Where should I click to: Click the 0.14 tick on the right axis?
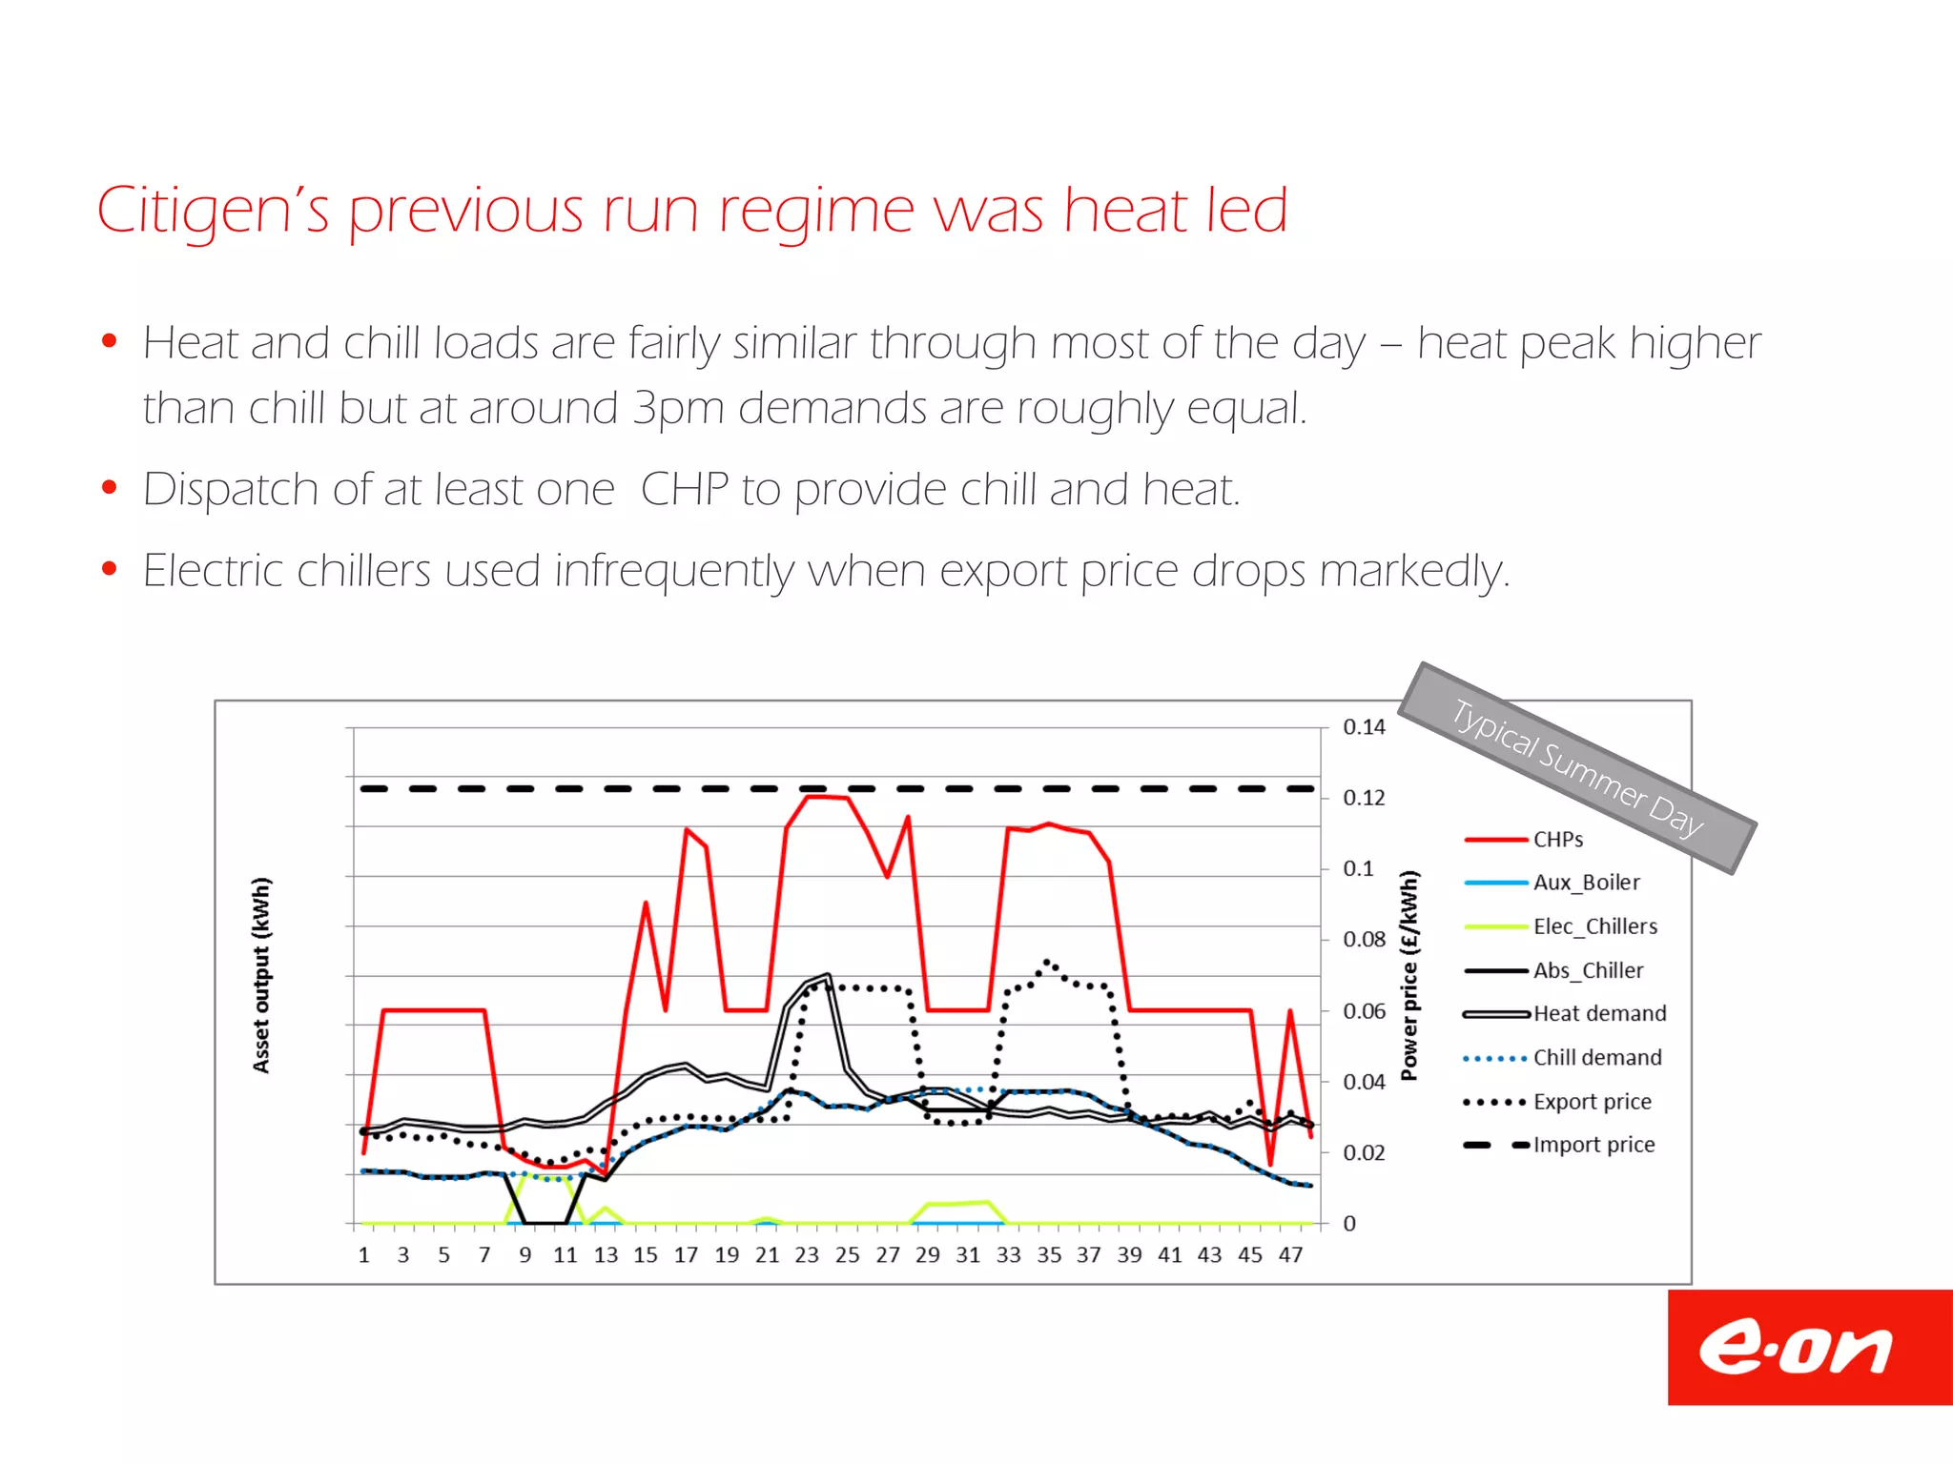1363,727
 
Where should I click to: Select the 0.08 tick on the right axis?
1363,940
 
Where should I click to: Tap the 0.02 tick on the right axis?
1363,1152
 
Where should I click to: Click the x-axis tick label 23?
807,1255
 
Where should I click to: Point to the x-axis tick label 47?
1290,1255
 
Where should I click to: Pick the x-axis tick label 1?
363,1255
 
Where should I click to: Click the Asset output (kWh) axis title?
261,975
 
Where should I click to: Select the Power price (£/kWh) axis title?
1409,975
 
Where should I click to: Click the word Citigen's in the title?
213,211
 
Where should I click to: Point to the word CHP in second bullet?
684,490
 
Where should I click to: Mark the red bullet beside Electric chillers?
110,569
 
